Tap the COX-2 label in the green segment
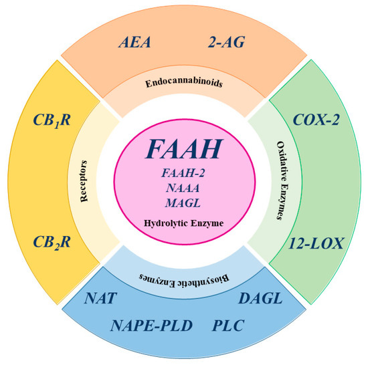tap(318, 120)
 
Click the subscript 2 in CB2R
tap(56, 247)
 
